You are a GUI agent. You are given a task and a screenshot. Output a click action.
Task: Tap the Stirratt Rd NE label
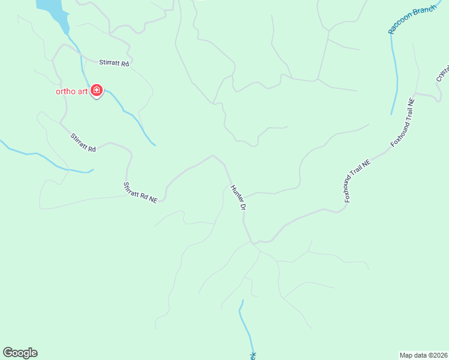[x=140, y=193]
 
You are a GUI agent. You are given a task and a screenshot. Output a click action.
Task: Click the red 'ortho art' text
[x=71, y=91]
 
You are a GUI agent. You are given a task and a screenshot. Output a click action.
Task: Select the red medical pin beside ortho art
[x=97, y=91]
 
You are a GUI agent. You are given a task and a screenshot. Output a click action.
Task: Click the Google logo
[x=20, y=353]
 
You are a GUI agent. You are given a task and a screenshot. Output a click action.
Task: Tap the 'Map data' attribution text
[x=414, y=355]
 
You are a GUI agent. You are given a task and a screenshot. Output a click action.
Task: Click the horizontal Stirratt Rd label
[x=115, y=63]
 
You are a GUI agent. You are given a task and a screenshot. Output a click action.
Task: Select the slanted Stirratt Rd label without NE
[x=83, y=142]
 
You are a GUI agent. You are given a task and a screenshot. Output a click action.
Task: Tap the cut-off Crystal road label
[x=443, y=73]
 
